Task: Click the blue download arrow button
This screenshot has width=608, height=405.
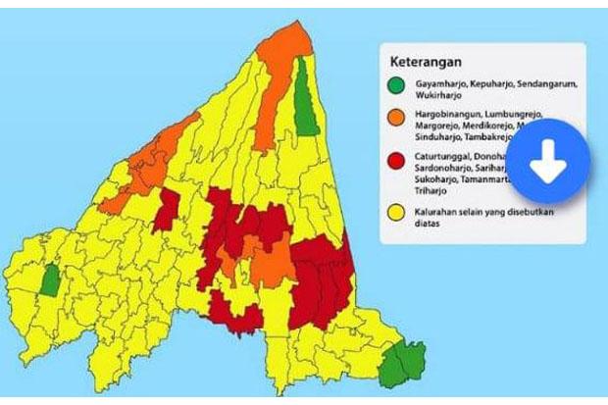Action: (x=548, y=162)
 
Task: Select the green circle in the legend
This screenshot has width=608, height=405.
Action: (x=396, y=86)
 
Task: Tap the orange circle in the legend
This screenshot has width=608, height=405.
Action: (x=396, y=119)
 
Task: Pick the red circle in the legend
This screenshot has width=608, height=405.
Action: (x=396, y=161)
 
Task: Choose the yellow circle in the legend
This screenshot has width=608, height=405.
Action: (x=396, y=209)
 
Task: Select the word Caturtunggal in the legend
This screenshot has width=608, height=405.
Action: (x=441, y=157)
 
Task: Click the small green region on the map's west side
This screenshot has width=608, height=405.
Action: (x=49, y=280)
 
